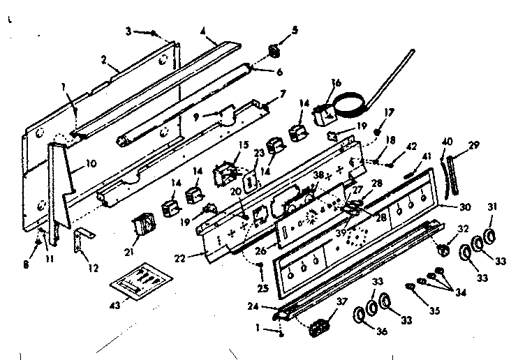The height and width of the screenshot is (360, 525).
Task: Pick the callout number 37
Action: (x=341, y=301)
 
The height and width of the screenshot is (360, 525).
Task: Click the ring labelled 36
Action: (x=360, y=315)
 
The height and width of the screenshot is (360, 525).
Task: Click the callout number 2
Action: (x=103, y=61)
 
